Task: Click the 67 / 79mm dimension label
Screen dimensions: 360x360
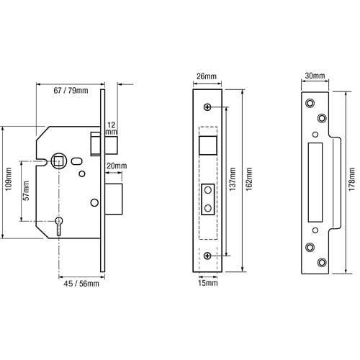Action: tap(71, 91)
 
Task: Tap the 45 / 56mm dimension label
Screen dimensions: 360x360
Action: tap(81, 284)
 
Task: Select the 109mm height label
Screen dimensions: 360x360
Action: tap(9, 179)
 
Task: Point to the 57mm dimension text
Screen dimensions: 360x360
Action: tap(26, 191)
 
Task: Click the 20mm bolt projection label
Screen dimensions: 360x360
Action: tap(117, 166)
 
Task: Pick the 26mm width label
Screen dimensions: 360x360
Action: tap(207, 76)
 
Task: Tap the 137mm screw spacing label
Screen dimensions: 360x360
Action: tap(233, 179)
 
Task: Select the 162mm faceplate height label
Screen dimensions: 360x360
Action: tap(249, 179)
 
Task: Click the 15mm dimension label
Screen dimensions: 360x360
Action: tap(208, 283)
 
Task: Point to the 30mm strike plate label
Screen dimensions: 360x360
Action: tap(315, 76)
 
